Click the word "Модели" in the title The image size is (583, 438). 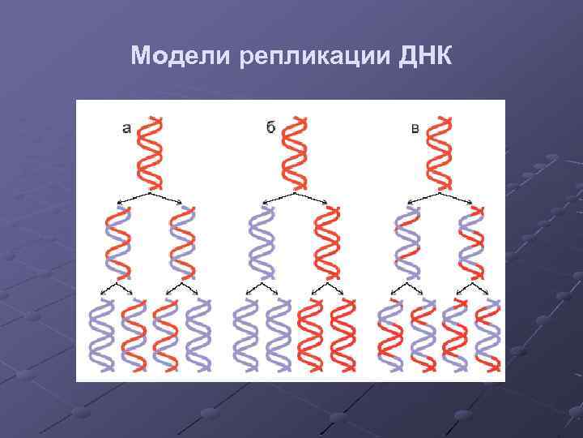(181, 57)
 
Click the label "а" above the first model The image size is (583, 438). (127, 127)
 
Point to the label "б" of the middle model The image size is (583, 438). (270, 127)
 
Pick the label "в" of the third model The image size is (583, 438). (415, 127)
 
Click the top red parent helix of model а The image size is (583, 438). (151, 152)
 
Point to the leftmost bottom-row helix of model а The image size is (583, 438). (101, 334)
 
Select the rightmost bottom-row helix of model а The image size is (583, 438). (199, 334)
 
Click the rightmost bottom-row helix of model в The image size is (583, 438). (487, 334)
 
